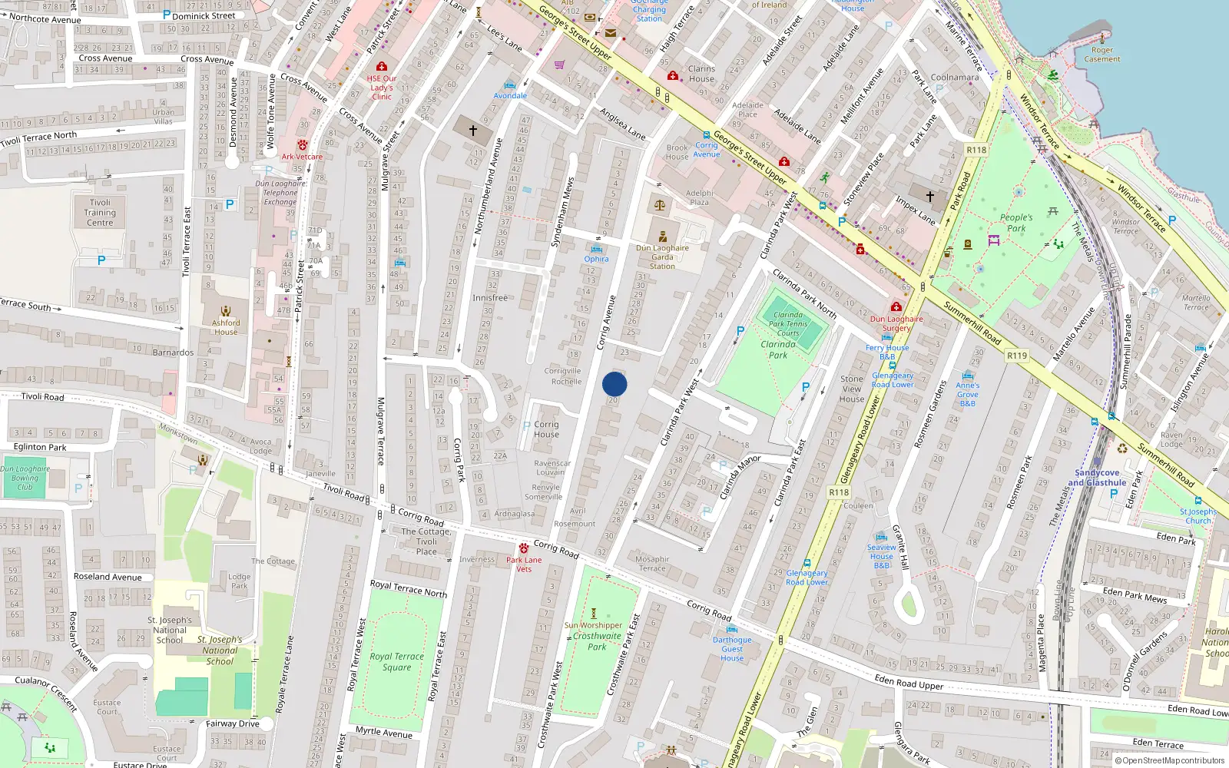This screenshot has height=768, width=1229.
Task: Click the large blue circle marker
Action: (614, 384)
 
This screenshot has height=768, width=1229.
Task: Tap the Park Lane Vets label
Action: (524, 564)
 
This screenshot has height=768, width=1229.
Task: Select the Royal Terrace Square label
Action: (396, 661)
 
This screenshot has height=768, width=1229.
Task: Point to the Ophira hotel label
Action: (596, 259)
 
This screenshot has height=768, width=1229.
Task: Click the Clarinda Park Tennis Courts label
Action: (788, 324)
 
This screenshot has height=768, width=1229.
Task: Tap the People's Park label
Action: (1015, 223)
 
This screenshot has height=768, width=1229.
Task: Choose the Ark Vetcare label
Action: (302, 157)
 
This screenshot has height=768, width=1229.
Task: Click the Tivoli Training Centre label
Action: (100, 213)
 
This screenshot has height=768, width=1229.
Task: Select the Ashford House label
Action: (226, 327)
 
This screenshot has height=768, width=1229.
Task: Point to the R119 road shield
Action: (1016, 356)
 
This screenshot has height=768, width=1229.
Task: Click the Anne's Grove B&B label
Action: (968, 394)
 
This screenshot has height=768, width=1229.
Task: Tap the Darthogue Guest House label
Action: (732, 649)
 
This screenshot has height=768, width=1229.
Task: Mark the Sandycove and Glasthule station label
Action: (1097, 478)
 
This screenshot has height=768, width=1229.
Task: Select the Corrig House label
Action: (546, 429)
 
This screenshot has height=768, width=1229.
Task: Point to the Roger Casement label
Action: (1102, 55)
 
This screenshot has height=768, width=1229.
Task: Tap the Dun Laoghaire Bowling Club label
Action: (25, 478)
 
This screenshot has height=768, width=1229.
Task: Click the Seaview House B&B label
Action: (882, 556)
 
